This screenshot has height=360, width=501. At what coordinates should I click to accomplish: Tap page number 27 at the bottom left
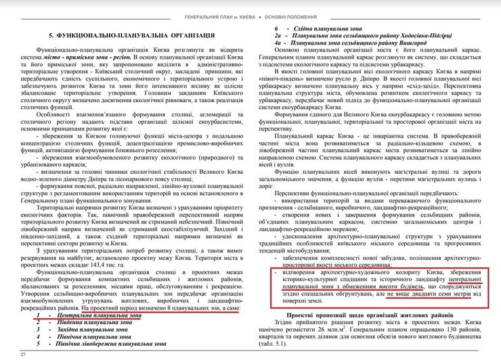click(x=22, y=354)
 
